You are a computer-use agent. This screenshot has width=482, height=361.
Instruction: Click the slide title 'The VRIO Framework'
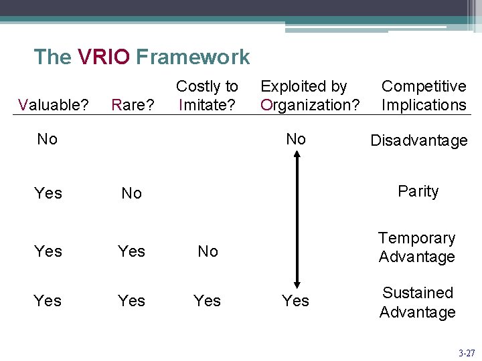(x=141, y=57)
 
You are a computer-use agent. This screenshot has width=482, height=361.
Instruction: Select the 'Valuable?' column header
(x=54, y=104)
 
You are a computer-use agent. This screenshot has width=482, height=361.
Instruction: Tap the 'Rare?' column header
(x=133, y=104)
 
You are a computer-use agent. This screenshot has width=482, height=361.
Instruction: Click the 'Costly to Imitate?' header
(x=207, y=96)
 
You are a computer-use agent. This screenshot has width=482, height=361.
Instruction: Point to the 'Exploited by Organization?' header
(x=310, y=96)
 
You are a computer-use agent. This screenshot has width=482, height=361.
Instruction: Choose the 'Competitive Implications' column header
(x=423, y=96)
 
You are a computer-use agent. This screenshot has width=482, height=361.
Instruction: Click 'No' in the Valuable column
(x=48, y=139)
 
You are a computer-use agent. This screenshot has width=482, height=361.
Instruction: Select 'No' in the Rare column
(x=131, y=193)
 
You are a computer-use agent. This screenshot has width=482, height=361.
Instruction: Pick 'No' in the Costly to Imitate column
(x=208, y=251)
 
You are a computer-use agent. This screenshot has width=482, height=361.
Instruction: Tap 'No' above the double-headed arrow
(x=296, y=139)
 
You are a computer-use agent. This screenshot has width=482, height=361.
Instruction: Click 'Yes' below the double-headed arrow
(x=295, y=302)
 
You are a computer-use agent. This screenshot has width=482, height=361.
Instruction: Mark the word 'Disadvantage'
(x=419, y=140)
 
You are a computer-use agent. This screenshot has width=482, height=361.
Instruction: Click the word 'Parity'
(x=418, y=191)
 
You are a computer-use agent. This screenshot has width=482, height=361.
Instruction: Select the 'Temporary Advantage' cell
(x=416, y=247)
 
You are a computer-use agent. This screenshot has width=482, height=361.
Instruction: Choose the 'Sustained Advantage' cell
(x=417, y=302)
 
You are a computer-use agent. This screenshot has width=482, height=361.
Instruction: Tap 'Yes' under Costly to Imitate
(x=207, y=301)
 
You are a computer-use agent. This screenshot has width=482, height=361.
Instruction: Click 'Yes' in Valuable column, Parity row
(x=48, y=193)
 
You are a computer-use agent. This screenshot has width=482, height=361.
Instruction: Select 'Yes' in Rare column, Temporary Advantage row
(x=131, y=251)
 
